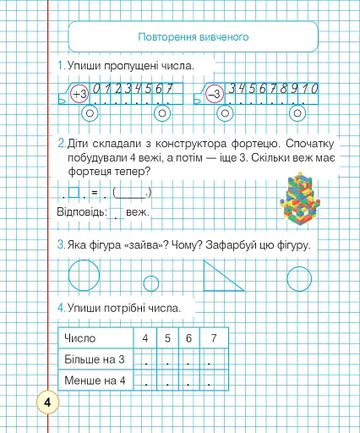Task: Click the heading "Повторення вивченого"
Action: click(192, 38)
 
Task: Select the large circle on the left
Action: click(83, 275)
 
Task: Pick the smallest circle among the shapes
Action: click(151, 282)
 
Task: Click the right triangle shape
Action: click(222, 275)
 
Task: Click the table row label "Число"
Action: click(80, 339)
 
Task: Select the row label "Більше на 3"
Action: click(95, 359)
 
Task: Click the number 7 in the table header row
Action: click(214, 339)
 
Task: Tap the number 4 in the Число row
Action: click(146, 339)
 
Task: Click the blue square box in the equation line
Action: click(75, 192)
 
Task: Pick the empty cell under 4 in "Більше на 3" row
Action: click(146, 359)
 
